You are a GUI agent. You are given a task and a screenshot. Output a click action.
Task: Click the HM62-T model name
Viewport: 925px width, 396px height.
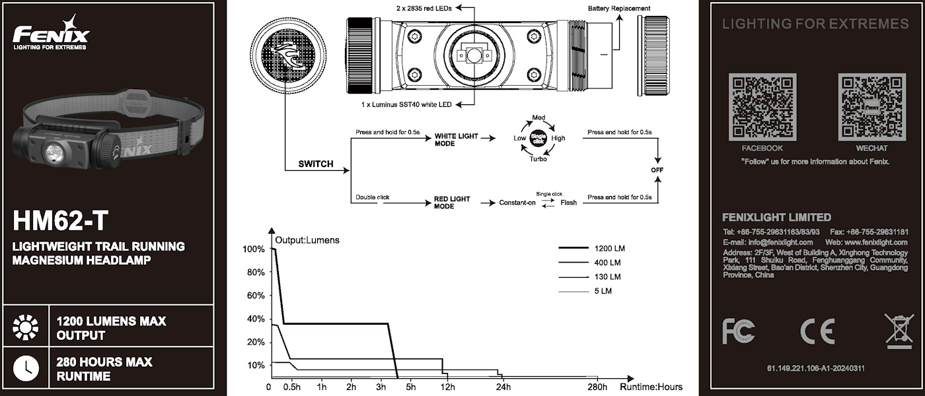(61, 220)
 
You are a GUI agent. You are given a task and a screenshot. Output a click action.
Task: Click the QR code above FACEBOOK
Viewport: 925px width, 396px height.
(762, 108)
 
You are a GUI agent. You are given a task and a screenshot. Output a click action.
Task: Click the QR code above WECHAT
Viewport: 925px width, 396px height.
(871, 108)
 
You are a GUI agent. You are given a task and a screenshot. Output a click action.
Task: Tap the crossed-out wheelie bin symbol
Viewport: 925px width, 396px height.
(898, 331)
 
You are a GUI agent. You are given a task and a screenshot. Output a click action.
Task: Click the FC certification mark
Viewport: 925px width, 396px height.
(738, 331)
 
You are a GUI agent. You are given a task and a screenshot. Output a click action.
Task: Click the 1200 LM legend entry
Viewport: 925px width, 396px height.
(609, 249)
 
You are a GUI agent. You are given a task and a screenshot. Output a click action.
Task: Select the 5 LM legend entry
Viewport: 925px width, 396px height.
(603, 291)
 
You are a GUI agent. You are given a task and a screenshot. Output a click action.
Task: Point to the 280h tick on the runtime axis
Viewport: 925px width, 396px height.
(597, 387)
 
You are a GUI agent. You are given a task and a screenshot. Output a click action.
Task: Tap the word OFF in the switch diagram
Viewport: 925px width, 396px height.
(657, 170)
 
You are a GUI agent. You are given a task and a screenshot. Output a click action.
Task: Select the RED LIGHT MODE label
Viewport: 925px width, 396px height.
(453, 203)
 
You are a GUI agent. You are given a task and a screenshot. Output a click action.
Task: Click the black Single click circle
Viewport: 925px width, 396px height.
(538, 139)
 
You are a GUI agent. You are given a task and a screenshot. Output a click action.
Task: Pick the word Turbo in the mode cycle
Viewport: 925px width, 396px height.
(538, 159)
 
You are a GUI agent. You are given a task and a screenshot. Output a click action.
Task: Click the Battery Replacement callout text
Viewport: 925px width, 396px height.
(618, 9)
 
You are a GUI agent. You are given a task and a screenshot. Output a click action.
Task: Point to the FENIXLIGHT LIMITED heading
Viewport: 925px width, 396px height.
(777, 217)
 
